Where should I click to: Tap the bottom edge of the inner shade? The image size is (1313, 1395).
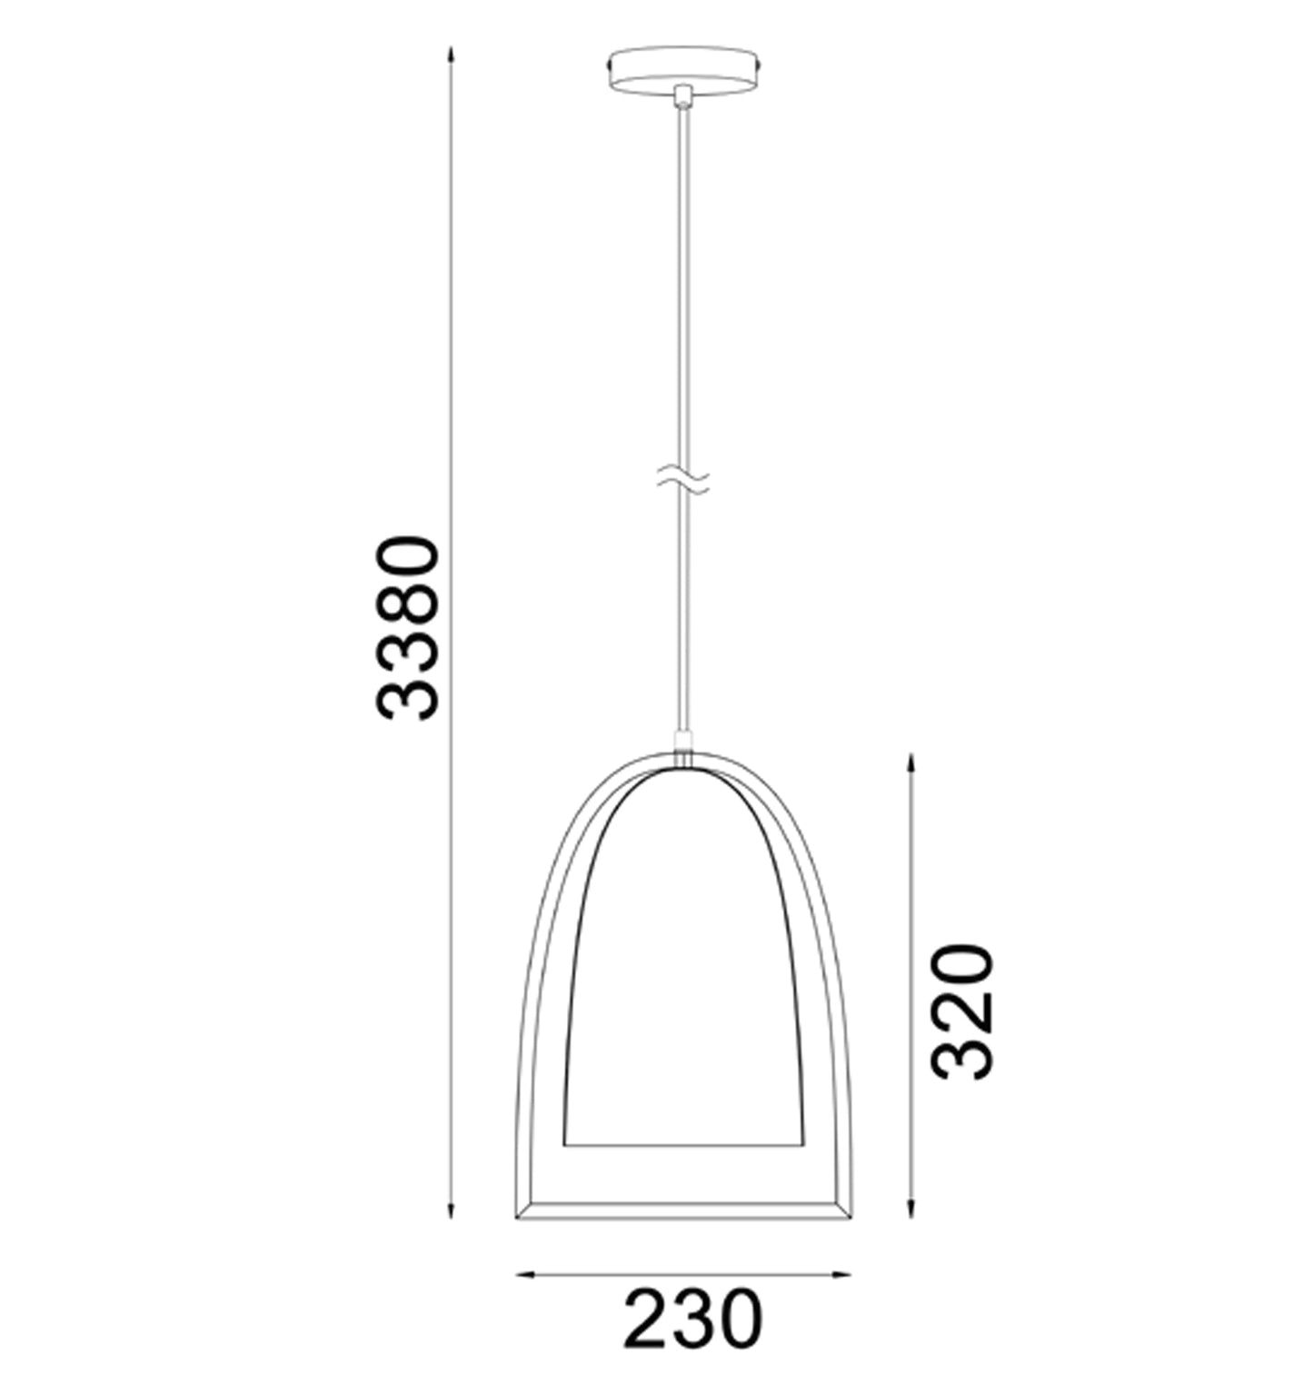click(682, 1143)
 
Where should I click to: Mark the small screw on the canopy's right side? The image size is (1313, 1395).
click(758, 66)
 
